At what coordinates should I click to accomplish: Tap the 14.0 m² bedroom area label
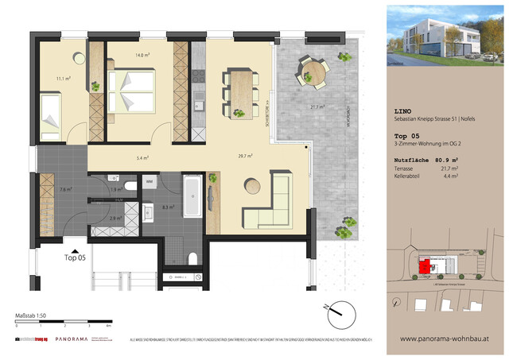click(x=141, y=55)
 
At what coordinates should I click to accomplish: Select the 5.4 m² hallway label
click(x=144, y=158)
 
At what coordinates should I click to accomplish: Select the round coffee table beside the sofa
click(x=254, y=186)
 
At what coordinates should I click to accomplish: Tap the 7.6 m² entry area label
click(x=64, y=189)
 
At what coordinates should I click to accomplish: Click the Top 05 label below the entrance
click(x=76, y=257)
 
